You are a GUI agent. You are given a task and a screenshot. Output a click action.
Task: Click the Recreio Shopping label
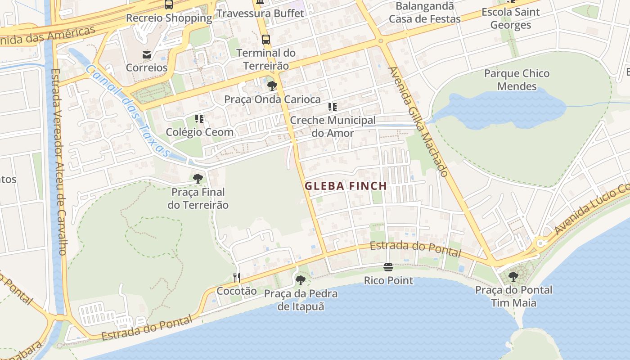[169, 18]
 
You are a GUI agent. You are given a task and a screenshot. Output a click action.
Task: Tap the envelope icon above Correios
[147, 55]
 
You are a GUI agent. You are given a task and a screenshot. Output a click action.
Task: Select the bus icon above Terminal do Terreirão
[266, 40]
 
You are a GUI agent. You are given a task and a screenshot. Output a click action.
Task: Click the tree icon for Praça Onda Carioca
[272, 86]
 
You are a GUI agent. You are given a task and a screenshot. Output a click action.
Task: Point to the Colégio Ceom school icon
[199, 119]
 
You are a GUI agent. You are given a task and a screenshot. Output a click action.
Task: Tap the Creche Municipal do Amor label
[333, 126]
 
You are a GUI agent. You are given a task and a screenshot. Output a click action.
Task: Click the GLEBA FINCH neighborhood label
[346, 186]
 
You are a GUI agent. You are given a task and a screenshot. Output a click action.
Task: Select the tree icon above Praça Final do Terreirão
[198, 179]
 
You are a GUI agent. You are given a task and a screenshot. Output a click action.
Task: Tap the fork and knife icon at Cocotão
[237, 277]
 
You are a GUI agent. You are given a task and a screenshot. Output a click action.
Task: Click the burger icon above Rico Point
[388, 267]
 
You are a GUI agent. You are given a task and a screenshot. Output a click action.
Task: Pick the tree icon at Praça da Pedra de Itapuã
[300, 280]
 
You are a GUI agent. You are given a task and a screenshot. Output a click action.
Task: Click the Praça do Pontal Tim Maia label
[513, 296]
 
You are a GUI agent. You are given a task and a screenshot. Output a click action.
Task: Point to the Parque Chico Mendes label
[517, 80]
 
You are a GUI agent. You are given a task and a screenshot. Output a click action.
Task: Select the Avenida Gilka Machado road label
[418, 122]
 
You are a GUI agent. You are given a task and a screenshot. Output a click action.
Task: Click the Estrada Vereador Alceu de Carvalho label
[58, 162]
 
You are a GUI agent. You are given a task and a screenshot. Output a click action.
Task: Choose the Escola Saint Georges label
[510, 18]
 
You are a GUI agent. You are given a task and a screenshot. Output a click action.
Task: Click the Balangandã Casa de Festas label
[424, 13]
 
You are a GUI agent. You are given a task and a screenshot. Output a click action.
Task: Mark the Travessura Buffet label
[261, 13]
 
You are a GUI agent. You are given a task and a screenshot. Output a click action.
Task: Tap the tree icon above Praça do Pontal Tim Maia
[513, 277]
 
